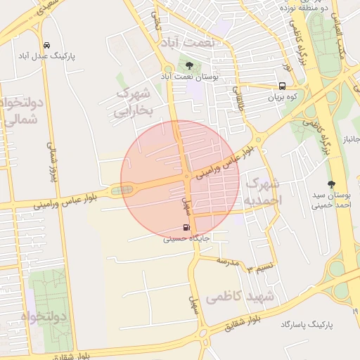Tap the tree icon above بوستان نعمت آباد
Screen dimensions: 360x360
point(189,65)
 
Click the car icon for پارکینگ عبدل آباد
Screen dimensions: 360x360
point(46,45)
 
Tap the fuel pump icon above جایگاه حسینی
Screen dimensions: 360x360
point(186,227)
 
